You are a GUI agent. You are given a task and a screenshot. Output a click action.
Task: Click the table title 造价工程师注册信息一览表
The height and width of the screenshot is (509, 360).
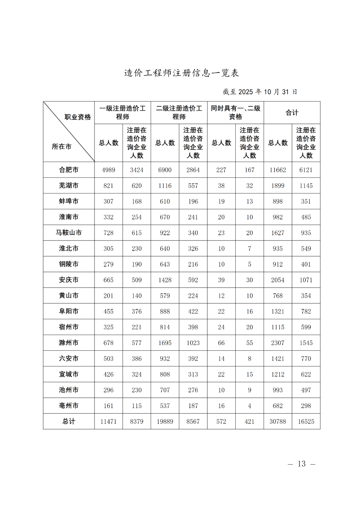182,73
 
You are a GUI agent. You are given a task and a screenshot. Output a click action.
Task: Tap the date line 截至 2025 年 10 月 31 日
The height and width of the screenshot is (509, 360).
260,92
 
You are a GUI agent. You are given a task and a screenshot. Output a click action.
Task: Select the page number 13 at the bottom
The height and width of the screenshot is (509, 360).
301,464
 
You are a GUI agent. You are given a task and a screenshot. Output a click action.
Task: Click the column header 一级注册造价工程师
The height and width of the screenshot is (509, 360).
123,113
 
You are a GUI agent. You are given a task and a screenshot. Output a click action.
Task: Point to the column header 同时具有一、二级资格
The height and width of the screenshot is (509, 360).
235,113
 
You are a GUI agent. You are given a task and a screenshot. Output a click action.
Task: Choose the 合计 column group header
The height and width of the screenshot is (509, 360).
292,113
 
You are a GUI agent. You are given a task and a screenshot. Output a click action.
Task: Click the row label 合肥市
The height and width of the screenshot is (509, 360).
69,170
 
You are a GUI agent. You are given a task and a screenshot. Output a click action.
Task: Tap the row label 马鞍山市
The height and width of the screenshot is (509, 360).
69,233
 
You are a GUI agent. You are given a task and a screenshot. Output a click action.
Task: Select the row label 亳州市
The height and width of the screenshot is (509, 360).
69,406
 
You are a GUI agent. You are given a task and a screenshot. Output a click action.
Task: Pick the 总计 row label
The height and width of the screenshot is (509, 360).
69,421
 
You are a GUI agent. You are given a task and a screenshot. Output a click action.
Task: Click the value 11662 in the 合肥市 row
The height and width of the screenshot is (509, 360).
278,170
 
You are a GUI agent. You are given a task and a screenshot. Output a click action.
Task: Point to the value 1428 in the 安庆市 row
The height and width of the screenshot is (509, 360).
165,280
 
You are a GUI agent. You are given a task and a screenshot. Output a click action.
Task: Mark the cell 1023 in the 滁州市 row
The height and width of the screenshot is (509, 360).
193,343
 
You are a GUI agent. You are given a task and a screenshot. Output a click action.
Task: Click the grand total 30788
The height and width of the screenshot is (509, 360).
278,421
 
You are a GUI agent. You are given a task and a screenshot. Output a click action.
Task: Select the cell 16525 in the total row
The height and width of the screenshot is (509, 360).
306,421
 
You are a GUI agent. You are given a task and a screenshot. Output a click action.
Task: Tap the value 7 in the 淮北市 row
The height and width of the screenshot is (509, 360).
250,249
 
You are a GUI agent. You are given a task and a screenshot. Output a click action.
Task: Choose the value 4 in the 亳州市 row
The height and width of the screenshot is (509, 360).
250,406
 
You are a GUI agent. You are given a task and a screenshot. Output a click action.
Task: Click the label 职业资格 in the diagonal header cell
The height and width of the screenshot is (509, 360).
78,117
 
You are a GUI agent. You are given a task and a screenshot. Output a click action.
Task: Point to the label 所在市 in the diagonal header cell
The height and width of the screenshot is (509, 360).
62,147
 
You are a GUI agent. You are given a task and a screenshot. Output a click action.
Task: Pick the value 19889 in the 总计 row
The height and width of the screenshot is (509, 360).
165,421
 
